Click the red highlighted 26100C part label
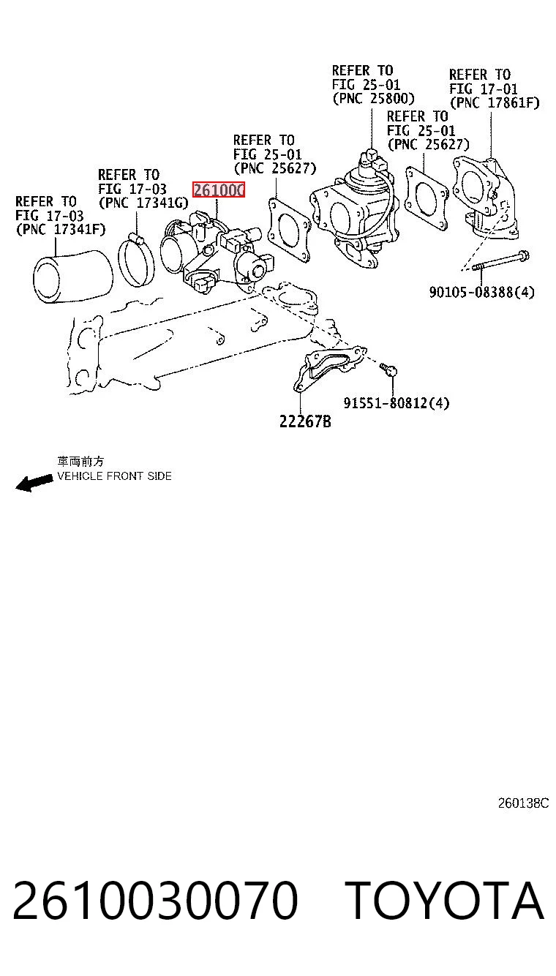pos(219,190)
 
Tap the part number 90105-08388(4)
pos(481,292)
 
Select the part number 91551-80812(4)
pos(396,402)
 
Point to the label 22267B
pos(305,421)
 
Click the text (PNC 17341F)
pos(61,229)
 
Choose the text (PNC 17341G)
pos(143,203)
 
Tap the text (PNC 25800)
pos(373,99)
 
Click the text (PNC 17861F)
pos(495,103)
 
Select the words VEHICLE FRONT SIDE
pos(115,476)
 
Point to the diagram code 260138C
pos(523,803)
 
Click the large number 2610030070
pos(156,901)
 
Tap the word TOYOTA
pos(445,901)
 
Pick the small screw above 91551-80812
pos(388,369)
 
